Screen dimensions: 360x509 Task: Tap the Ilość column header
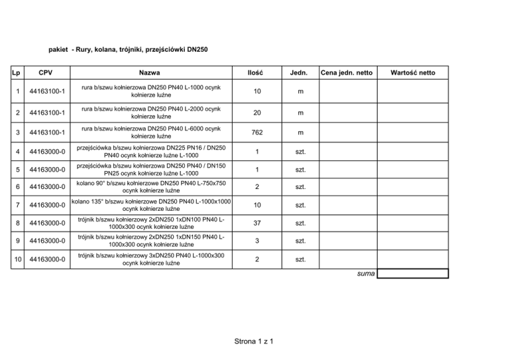(x=255, y=72)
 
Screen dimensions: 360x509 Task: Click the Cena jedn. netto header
(x=346, y=72)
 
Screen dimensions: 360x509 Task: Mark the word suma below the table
(x=364, y=274)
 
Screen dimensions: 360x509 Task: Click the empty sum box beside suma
(x=413, y=273)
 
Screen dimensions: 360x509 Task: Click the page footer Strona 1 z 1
(x=254, y=341)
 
